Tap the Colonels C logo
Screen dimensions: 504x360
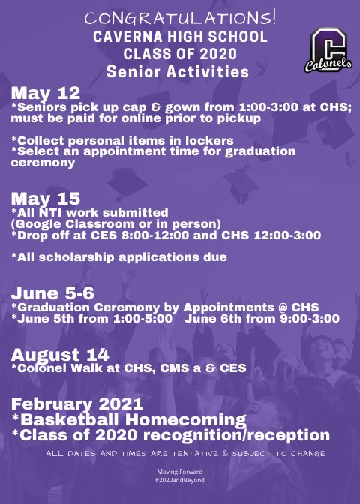(x=327, y=51)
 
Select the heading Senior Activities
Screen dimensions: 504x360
(x=177, y=72)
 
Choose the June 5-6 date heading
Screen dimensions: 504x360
(x=46, y=293)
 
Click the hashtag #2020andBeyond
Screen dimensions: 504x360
(x=179, y=479)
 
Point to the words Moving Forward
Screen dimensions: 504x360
(x=179, y=472)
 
